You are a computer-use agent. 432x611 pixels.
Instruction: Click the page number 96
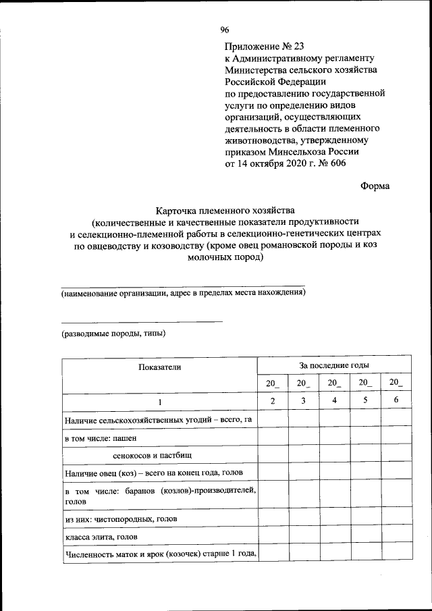pos(225,30)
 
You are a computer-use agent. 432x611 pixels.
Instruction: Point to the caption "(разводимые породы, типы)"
pos(113,334)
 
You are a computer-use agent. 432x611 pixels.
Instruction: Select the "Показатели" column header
pos(160,367)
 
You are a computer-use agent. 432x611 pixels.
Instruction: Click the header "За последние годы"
pos(333,365)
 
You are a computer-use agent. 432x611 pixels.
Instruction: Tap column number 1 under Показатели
pos(160,402)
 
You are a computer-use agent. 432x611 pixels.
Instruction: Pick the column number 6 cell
pos(396,402)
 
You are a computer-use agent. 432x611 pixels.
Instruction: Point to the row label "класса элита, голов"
pos(102,537)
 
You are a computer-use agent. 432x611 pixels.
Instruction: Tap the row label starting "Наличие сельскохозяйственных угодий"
pos(158,421)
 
